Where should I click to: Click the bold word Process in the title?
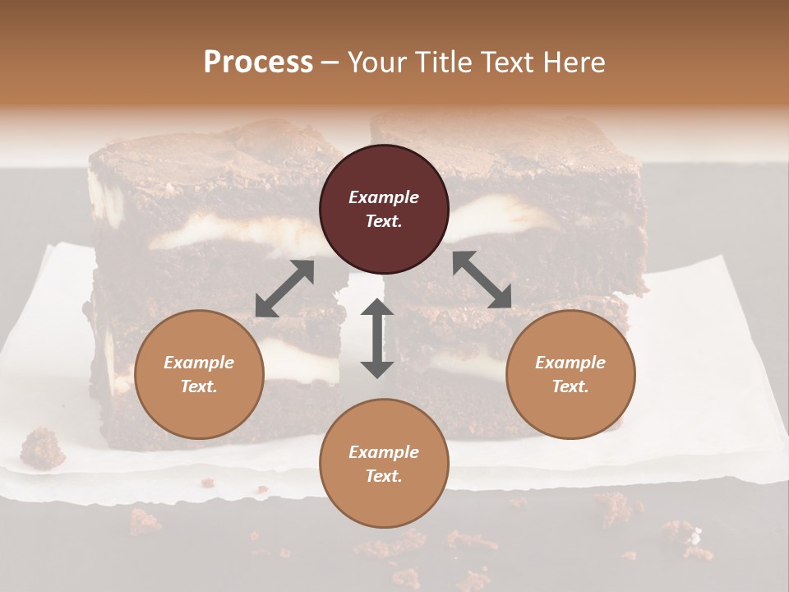coord(258,62)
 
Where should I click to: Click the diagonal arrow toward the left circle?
coord(284,289)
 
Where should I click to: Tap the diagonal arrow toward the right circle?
coord(482,280)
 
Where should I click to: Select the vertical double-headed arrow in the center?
coord(377,338)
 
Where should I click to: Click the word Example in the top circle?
coord(384,197)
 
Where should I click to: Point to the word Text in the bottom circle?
coord(384,476)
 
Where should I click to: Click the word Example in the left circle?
coord(199,362)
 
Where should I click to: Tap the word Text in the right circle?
coord(570,386)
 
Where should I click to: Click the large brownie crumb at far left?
coord(42,448)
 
